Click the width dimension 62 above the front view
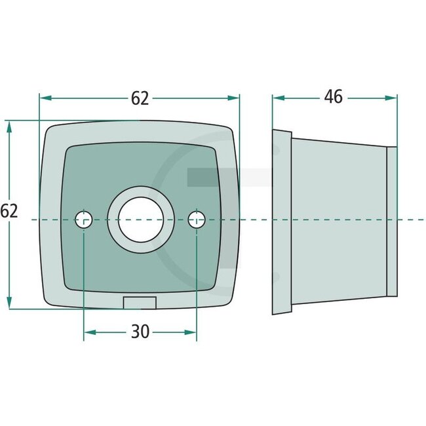[140, 98]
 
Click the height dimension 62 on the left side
[9, 211]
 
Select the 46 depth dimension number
[334, 97]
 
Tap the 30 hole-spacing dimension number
[140, 332]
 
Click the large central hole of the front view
[140, 220]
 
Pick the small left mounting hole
[84, 220]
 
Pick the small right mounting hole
[196, 220]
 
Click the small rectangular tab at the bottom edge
[140, 302]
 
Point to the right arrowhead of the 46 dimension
[393, 98]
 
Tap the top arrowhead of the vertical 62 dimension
[9, 126]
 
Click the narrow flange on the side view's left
[281, 223]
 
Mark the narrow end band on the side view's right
[392, 222]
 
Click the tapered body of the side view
[338, 222]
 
